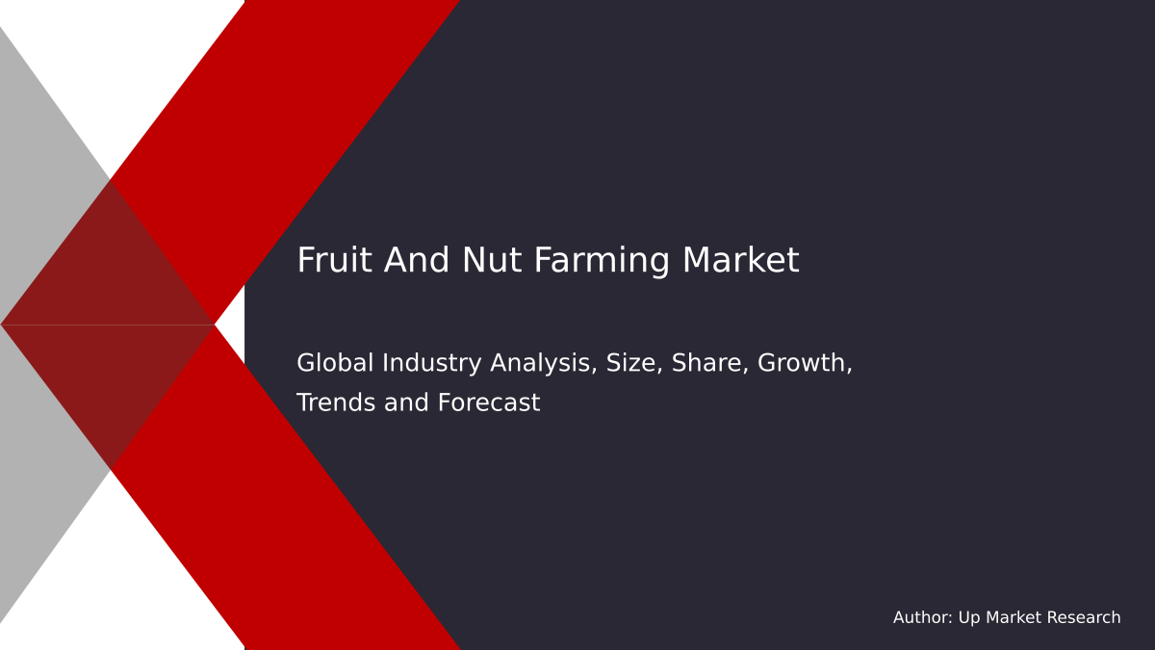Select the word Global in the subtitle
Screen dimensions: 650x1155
click(336, 363)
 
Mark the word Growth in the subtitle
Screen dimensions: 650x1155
click(805, 364)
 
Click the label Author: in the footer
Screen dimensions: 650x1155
click(922, 618)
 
